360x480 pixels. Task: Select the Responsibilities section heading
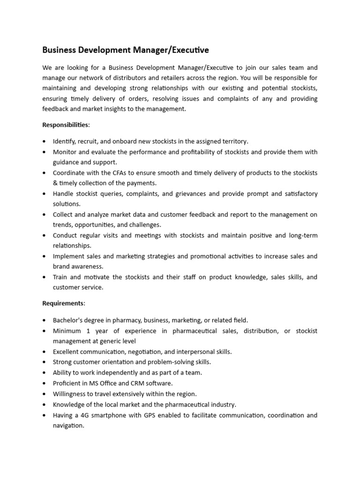click(x=66, y=125)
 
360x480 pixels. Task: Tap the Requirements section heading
click(x=64, y=303)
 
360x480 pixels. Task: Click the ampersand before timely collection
click(x=55, y=183)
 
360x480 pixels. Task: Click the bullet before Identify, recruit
click(x=44, y=142)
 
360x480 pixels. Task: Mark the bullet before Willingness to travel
click(x=44, y=394)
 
